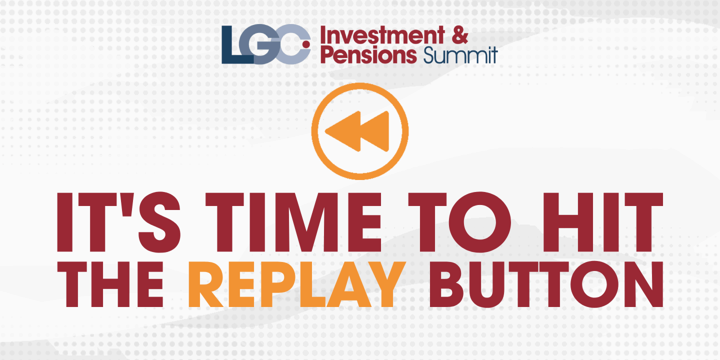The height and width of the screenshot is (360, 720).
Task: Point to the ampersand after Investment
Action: (x=459, y=35)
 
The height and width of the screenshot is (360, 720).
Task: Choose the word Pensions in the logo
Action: (x=368, y=54)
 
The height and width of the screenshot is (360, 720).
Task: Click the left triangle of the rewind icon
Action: (x=342, y=131)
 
